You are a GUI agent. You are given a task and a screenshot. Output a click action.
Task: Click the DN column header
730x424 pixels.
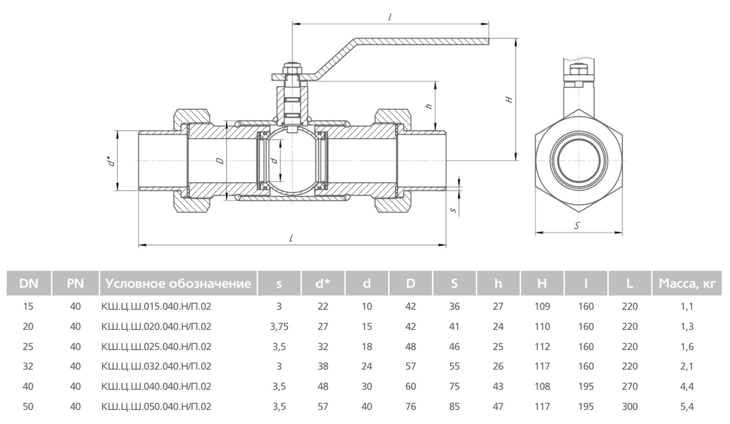coord(29,283)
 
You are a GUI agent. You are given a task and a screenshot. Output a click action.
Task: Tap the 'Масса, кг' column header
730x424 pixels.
coord(687,283)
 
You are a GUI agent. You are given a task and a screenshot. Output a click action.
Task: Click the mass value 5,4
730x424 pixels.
coord(687,406)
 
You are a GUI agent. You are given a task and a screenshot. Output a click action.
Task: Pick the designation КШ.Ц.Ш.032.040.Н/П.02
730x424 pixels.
coord(156,367)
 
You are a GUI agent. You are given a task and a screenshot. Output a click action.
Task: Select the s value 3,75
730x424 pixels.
coord(279,327)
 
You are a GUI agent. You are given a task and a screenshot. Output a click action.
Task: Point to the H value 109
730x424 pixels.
coord(542,307)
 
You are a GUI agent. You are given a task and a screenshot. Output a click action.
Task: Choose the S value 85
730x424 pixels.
coord(454,406)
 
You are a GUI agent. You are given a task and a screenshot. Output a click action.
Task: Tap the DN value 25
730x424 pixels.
coord(28,346)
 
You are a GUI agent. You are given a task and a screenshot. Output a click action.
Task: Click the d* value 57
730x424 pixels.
coord(323,406)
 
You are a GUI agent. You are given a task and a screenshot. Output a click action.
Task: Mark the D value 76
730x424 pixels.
coord(411,406)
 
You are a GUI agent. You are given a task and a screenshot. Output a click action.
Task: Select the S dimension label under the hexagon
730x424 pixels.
coord(578,225)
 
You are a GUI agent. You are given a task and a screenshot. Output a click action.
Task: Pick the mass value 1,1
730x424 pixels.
coord(687,307)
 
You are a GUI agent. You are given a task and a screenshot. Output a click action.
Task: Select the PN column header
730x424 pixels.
coord(76,283)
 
